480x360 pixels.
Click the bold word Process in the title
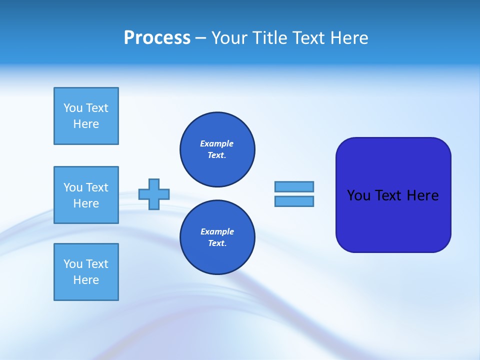click(157, 38)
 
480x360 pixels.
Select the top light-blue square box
click(86, 116)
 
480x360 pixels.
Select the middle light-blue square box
click(86, 195)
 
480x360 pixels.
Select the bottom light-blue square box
click(86, 272)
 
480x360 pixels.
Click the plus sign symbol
click(154, 194)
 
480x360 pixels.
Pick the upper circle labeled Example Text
click(217, 149)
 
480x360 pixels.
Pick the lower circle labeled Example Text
click(217, 237)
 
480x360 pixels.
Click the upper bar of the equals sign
click(294, 186)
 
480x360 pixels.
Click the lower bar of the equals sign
click(294, 201)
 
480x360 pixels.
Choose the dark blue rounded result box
click(393, 220)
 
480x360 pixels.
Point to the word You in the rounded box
click(358, 195)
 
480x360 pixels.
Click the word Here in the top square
click(86, 124)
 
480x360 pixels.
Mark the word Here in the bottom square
click(86, 280)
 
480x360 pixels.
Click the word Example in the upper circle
click(216, 143)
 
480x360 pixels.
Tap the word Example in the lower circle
click(217, 231)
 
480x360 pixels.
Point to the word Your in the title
click(229, 38)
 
